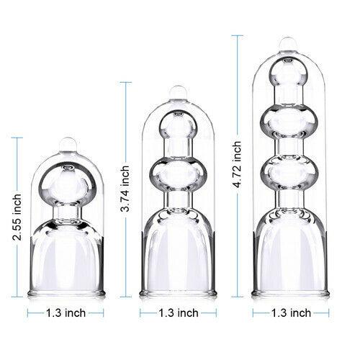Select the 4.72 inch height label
[x=237, y=164]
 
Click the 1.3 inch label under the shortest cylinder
[x=66, y=312]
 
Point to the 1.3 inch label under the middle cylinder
[x=179, y=312]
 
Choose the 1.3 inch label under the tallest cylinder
[x=292, y=312]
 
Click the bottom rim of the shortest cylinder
[x=67, y=293]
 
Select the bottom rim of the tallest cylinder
[x=290, y=293]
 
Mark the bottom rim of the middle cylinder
[x=178, y=293]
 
